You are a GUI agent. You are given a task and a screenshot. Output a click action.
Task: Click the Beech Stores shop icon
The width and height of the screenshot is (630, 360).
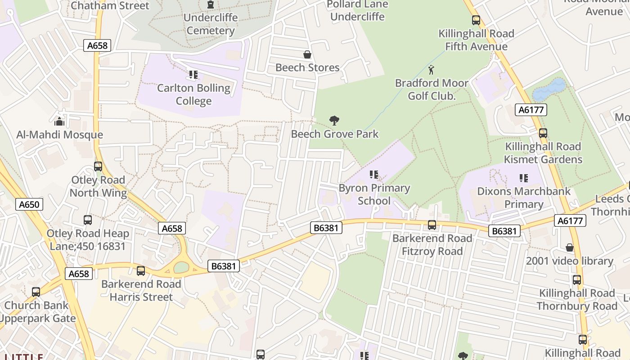307,55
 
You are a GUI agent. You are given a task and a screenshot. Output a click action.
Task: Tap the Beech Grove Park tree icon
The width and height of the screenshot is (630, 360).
334,121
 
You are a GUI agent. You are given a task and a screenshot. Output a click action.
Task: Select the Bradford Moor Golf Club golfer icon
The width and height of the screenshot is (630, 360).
432,70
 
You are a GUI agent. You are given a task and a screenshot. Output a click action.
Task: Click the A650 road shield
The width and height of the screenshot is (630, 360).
29,205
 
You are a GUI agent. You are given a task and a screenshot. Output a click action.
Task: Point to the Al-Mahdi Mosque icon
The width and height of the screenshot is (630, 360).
59,121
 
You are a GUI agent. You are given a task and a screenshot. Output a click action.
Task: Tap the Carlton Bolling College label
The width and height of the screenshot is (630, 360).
193,94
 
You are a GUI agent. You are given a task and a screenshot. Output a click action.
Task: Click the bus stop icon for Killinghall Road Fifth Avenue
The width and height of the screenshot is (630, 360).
476,20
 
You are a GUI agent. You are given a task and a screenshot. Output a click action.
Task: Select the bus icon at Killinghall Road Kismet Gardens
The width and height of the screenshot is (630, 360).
543,133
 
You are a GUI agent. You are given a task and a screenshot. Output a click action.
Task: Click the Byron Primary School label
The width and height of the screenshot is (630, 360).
374,194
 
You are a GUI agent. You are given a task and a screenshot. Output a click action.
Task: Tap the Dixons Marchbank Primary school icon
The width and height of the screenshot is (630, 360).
523,178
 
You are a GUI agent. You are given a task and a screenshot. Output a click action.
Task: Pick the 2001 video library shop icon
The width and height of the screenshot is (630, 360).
570,248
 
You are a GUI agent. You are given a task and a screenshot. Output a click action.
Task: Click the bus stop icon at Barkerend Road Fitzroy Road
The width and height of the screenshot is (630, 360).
432,225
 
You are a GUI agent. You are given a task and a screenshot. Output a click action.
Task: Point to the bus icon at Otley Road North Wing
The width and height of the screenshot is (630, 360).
98,166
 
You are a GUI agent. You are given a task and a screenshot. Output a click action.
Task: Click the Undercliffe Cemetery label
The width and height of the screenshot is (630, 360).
210,24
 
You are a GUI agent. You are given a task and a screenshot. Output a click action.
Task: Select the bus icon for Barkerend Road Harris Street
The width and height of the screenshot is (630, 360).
141,271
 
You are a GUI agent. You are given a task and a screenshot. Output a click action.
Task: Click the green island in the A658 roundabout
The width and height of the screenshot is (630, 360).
181,267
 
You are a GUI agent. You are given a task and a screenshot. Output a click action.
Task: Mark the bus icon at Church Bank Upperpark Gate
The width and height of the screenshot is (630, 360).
36,292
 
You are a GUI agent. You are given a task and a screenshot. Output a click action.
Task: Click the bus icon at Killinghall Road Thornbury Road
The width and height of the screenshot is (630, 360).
577,280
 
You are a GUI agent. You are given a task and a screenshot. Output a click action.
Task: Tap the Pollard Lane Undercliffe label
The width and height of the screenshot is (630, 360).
358,10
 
